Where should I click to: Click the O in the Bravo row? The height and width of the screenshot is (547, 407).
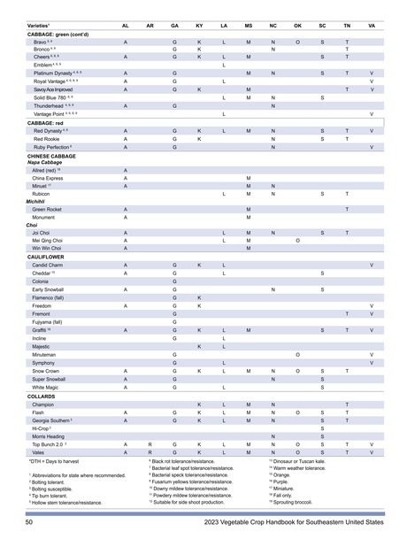pos(297,42)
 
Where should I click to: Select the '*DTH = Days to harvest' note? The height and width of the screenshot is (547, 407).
pos(54,462)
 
